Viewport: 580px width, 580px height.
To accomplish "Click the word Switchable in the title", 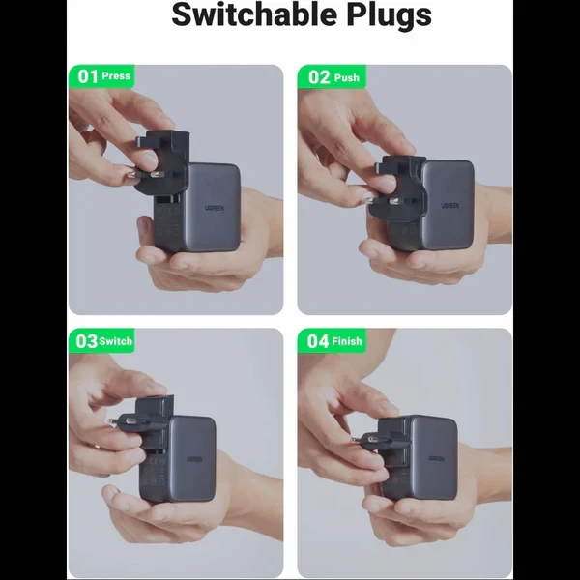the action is click(x=255, y=14).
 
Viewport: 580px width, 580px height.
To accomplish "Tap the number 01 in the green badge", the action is click(x=87, y=76).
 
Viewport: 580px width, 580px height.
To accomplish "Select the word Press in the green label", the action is click(x=116, y=76).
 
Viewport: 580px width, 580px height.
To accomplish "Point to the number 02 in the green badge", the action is click(x=318, y=77).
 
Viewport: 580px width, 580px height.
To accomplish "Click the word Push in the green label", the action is click(x=347, y=77).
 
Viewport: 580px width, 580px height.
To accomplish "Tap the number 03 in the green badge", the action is click(x=87, y=341).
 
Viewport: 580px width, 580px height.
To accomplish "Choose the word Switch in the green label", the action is click(x=115, y=341).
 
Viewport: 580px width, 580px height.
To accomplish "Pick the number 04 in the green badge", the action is click(x=318, y=341).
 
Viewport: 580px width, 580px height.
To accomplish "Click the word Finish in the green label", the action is click(x=347, y=340).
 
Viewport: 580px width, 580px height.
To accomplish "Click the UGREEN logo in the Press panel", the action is click(x=215, y=208).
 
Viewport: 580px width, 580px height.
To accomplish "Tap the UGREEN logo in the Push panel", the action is click(x=450, y=205).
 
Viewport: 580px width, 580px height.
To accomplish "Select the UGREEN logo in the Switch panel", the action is click(x=194, y=459).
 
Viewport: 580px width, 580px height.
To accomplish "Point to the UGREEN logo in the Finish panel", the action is click(x=436, y=458).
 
